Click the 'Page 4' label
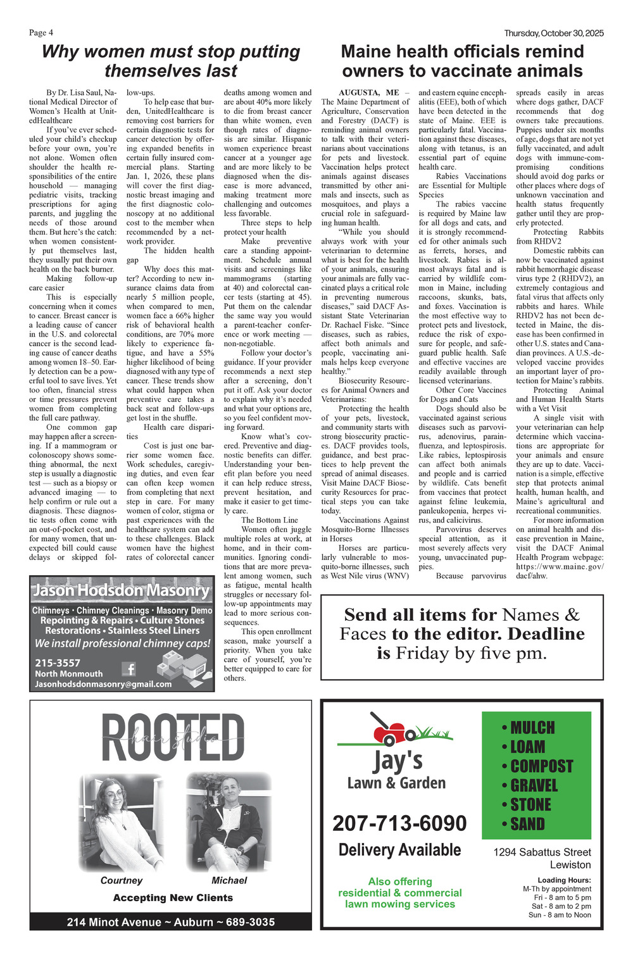[x=41, y=33]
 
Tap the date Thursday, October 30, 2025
[x=554, y=33]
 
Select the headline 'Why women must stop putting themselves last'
[x=171, y=61]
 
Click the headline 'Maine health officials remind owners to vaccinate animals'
[x=462, y=61]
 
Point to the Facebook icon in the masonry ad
[x=129, y=668]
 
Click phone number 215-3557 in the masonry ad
[x=58, y=663]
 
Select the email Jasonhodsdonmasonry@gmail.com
[x=103, y=684]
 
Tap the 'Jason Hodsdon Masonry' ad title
[x=122, y=590]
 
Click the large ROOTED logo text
[x=172, y=738]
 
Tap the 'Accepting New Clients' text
[x=173, y=897]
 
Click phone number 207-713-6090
[x=399, y=823]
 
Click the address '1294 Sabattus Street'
[x=542, y=852]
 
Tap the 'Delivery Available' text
[x=399, y=850]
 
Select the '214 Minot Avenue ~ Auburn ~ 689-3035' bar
[x=171, y=922]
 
